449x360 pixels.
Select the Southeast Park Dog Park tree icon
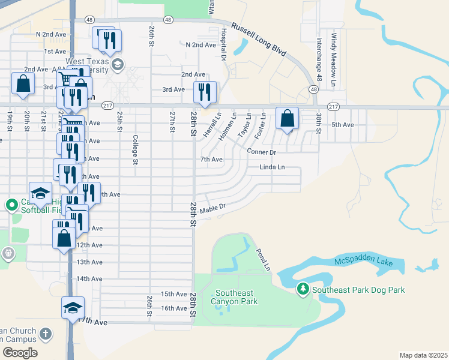click(304, 290)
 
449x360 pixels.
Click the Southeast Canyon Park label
click(237, 297)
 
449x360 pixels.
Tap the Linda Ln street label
click(272, 167)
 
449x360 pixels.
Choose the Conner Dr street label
click(261, 152)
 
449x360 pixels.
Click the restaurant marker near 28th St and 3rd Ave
click(205, 92)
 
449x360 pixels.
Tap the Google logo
click(20, 353)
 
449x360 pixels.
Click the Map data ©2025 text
click(423, 355)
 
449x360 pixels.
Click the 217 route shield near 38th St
click(334, 106)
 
